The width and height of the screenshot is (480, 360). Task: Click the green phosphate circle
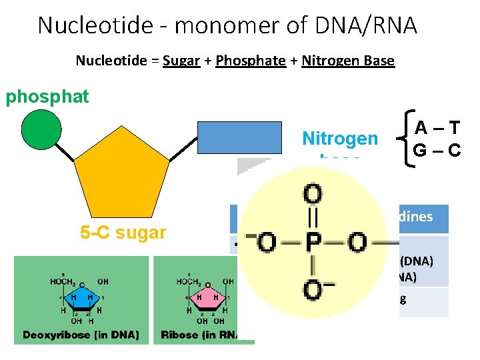point(41,129)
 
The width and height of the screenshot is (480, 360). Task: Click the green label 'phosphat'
point(47,97)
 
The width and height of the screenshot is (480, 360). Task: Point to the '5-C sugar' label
point(123,233)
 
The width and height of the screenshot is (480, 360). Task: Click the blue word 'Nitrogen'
point(339,139)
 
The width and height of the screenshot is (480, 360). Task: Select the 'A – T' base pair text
point(437,128)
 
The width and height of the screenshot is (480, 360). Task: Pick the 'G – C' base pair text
point(437,149)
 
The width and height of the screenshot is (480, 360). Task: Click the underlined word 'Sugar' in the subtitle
point(181,61)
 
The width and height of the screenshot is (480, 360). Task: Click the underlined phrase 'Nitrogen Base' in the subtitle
point(348,61)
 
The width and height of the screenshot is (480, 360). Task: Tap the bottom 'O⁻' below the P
point(314,290)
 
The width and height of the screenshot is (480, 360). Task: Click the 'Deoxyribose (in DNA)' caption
point(81,335)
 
